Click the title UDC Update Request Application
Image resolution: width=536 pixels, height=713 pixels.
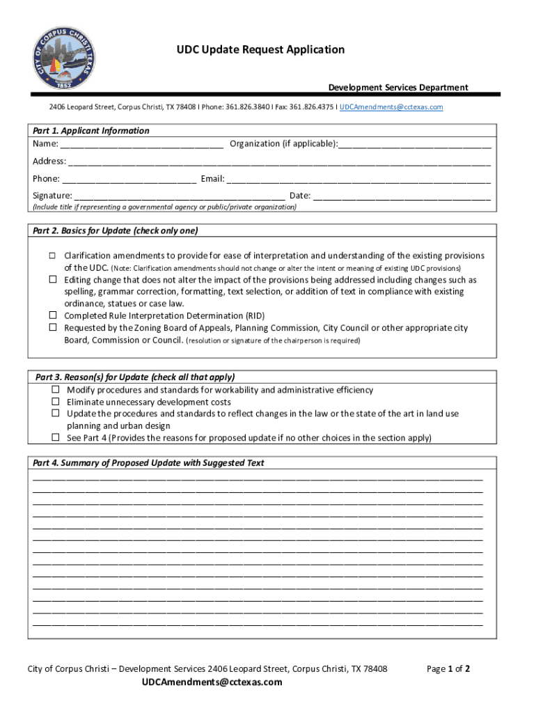pos(260,49)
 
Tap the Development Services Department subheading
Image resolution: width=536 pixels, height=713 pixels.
pos(398,87)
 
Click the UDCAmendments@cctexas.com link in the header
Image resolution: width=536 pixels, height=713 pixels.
pos(391,107)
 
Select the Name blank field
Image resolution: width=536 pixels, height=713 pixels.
pos(141,145)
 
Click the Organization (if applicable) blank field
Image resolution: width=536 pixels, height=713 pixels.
pos(415,145)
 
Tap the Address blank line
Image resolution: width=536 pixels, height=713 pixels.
pos(279,162)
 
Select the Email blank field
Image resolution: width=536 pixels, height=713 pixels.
pos(358,180)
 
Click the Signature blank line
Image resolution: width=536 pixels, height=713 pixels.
pos(179,196)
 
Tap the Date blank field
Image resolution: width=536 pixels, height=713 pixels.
pos(402,196)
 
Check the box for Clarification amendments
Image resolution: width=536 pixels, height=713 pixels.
pos(52,256)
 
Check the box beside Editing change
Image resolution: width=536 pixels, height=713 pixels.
pos(52,279)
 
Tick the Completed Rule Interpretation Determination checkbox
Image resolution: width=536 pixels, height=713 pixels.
pos(52,315)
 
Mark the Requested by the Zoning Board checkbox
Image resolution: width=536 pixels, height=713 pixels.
pos(52,327)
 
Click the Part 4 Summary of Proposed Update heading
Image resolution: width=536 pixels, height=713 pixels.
pos(148,463)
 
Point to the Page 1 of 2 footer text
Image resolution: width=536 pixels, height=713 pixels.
pos(448,669)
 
